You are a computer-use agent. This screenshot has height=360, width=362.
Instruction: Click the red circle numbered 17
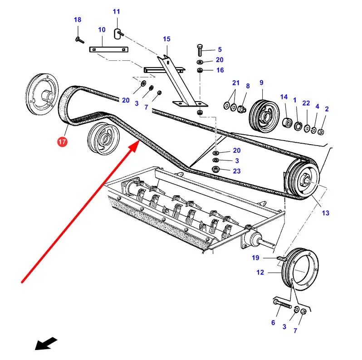(x=62, y=142)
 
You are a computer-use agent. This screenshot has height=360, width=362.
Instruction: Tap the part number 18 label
(x=78, y=19)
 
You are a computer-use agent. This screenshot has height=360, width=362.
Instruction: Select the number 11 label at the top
(x=117, y=11)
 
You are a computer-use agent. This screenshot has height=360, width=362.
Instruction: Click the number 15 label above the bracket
(x=166, y=39)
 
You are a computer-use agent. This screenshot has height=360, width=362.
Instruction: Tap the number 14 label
(x=284, y=97)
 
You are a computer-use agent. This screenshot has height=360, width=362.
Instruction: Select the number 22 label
(x=306, y=103)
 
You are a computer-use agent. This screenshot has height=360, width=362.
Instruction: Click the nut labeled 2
(x=321, y=132)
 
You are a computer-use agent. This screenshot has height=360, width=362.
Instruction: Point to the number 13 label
(x=326, y=213)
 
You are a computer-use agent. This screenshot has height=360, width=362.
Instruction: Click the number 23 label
(x=236, y=171)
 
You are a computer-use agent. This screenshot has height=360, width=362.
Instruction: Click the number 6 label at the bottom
(x=273, y=322)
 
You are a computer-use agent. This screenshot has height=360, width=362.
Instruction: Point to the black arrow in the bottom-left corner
(x=46, y=343)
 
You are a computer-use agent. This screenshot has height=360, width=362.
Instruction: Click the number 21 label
(x=235, y=83)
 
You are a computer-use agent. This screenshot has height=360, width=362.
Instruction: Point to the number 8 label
(x=248, y=86)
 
